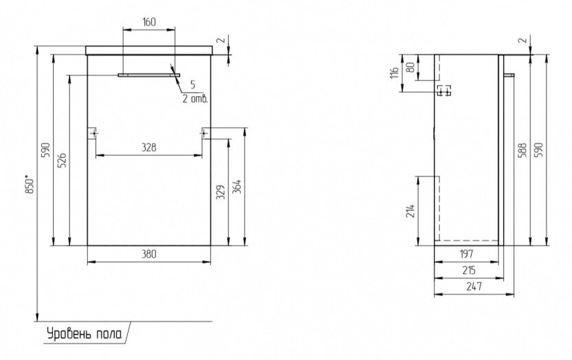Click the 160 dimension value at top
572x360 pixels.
[x=148, y=22]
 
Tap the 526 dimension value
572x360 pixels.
[x=62, y=160]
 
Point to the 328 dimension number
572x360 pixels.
[x=148, y=147]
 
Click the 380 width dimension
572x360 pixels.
[x=148, y=254]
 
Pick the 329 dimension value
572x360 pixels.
[x=220, y=192]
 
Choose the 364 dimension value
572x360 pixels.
[x=236, y=187]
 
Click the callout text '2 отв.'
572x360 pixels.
[x=195, y=98]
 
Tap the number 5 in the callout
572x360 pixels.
[x=192, y=85]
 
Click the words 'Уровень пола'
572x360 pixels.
[x=85, y=333]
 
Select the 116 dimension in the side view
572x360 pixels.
[x=394, y=73]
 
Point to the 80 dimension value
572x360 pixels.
[x=410, y=67]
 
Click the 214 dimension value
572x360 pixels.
[x=410, y=211]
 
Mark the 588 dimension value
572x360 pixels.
[x=522, y=150]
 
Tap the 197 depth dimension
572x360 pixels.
[x=466, y=254]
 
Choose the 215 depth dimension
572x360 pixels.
[x=469, y=270]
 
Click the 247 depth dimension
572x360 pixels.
[x=474, y=286]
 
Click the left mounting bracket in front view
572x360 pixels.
[x=93, y=133]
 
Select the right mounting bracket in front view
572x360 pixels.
[x=206, y=133]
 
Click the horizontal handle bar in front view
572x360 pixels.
[x=148, y=75]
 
